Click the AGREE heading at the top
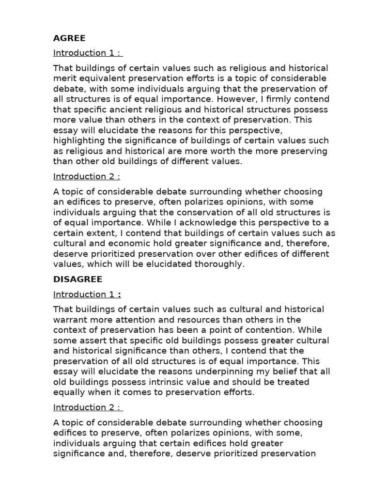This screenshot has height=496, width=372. pos(69,38)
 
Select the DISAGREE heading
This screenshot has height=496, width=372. pos(77,279)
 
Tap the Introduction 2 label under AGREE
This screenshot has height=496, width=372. pos(86,176)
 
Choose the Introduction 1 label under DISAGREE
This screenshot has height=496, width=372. pos(86,294)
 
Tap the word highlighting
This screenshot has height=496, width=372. pos(77,140)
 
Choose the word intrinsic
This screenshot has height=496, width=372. pos(151,382)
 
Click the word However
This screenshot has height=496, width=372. pos(238,99)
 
